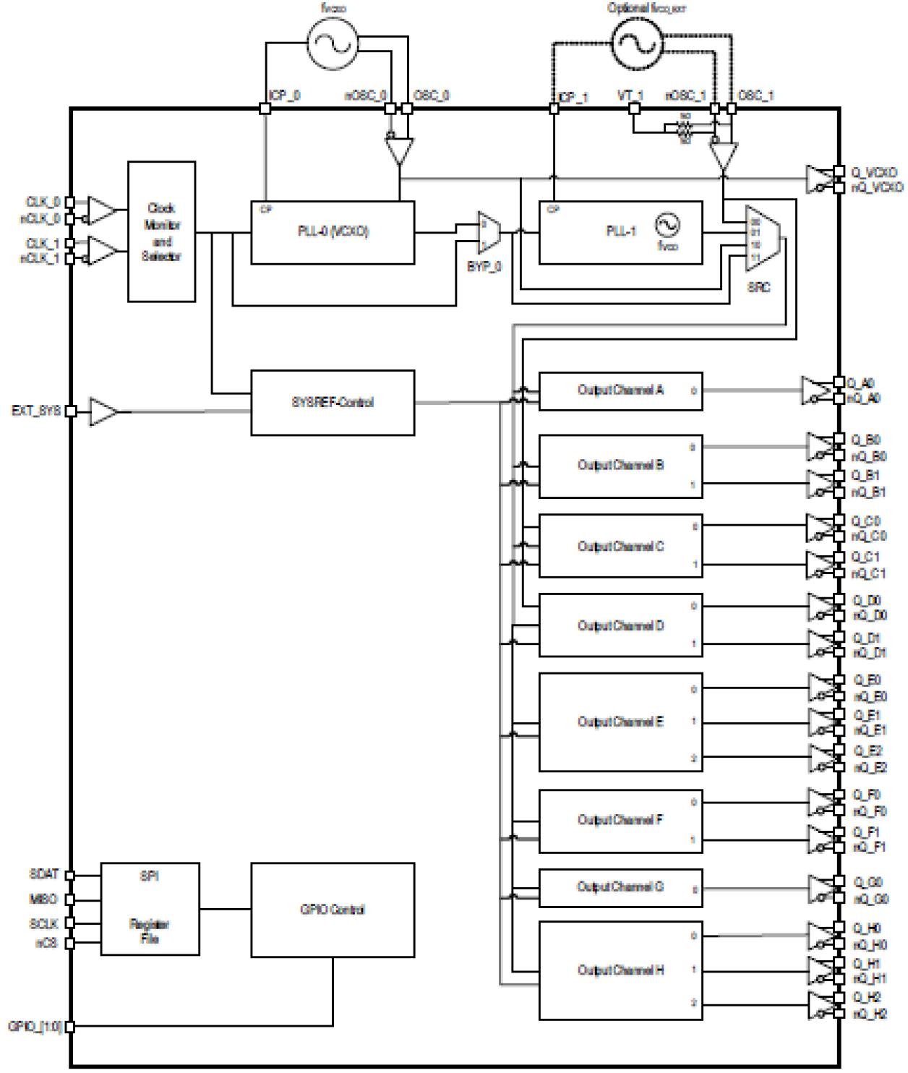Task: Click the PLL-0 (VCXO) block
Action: pos(333,232)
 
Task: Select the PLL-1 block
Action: pos(620,232)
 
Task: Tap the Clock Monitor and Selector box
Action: pos(161,231)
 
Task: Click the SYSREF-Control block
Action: pos(333,403)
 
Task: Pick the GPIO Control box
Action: pos(333,910)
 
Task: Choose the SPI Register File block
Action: pos(150,909)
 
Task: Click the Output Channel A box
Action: pos(620,390)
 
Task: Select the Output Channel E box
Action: pos(620,722)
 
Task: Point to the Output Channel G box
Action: pos(620,887)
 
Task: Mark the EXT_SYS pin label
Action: pos(35,411)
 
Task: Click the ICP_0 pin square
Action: pos(265,108)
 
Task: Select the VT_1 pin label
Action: pos(630,95)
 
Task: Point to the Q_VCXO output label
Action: pos(874,172)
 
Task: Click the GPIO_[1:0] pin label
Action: pos(34,1026)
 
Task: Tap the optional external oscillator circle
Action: pos(637,43)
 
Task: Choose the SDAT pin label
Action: pos(43,874)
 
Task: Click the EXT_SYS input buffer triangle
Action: pos(103,411)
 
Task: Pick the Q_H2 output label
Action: pos(868,997)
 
